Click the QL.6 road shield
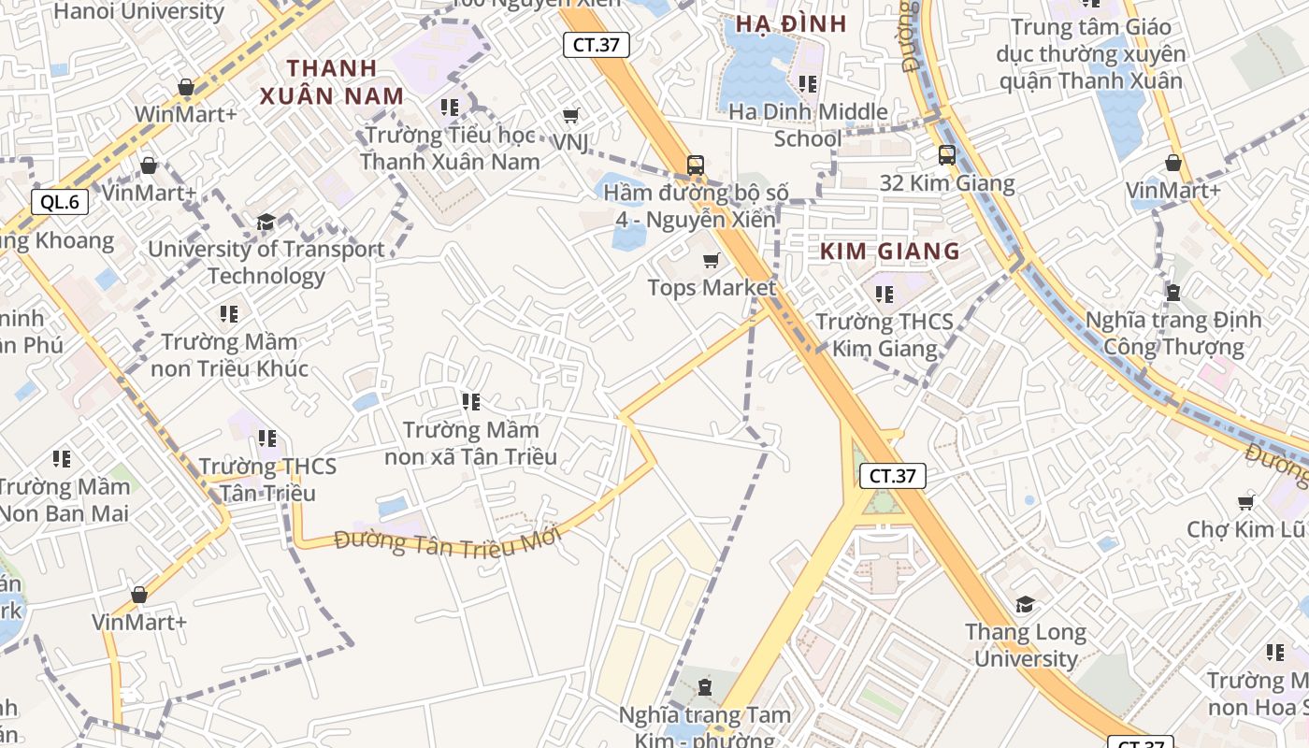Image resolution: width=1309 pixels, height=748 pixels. coord(60,201)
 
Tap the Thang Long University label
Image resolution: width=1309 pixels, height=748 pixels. coord(1026,645)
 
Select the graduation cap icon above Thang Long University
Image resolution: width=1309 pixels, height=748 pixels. coord(1026,605)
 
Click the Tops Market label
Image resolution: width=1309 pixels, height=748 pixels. coord(712,287)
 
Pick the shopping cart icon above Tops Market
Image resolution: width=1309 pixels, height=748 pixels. coord(712,260)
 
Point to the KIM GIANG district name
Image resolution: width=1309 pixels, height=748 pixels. coord(890,251)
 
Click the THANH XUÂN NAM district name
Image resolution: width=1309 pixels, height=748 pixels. coord(332,81)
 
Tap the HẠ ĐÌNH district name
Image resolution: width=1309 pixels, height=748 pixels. coord(791,24)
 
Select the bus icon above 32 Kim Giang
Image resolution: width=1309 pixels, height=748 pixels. coord(946,155)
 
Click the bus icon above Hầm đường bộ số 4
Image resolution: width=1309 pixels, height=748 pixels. coord(695,165)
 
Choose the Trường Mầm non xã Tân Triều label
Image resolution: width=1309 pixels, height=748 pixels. coord(471,443)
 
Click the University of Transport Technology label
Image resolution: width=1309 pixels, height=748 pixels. coord(266,263)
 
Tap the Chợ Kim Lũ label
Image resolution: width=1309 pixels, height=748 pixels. coord(1245,529)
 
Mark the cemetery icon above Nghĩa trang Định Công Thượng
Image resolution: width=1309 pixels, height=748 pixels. coord(1173,293)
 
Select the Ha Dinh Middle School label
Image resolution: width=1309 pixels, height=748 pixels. coord(808,124)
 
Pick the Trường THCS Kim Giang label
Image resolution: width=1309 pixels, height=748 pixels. coord(885,335)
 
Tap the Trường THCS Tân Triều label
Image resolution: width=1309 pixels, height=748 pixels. coord(267,479)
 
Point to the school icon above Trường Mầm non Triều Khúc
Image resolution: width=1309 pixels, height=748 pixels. coord(229,314)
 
